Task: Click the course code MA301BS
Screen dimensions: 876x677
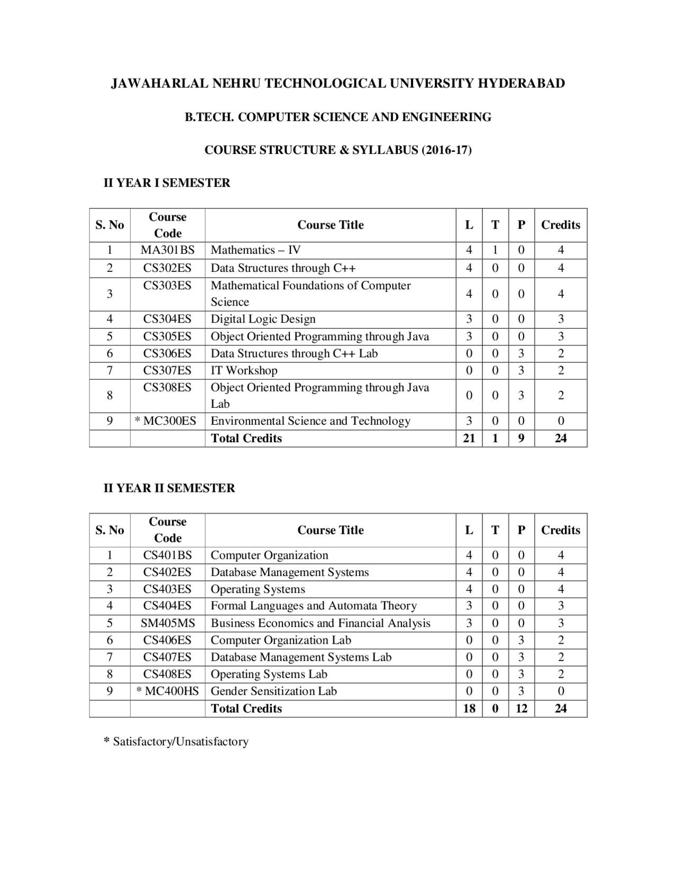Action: pos(167,250)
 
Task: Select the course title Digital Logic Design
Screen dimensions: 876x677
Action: pos(263,319)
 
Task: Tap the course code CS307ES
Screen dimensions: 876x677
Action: pos(167,370)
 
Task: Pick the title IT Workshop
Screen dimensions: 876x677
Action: pos(244,370)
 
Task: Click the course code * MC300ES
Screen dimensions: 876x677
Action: pos(166,421)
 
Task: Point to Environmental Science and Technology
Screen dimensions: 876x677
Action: pos(310,421)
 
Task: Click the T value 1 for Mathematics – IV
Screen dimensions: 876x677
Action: pos(495,250)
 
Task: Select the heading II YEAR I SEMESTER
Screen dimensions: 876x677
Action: pos(167,183)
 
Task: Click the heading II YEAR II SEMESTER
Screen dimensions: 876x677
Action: pos(169,488)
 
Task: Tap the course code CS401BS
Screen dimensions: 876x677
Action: pos(167,555)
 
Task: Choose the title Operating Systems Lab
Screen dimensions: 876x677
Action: pos(269,674)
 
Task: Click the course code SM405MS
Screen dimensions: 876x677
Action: pos(167,623)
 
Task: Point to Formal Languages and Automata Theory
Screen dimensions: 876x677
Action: pos(314,606)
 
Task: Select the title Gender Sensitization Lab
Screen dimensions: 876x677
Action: pos(273,691)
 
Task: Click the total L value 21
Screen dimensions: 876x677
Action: pos(469,438)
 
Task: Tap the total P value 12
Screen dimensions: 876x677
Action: pos(522,708)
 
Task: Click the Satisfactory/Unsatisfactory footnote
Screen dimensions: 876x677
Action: pos(176,742)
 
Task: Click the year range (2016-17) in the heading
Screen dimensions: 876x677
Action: pos(446,150)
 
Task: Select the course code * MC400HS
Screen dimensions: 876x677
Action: pos(167,691)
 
